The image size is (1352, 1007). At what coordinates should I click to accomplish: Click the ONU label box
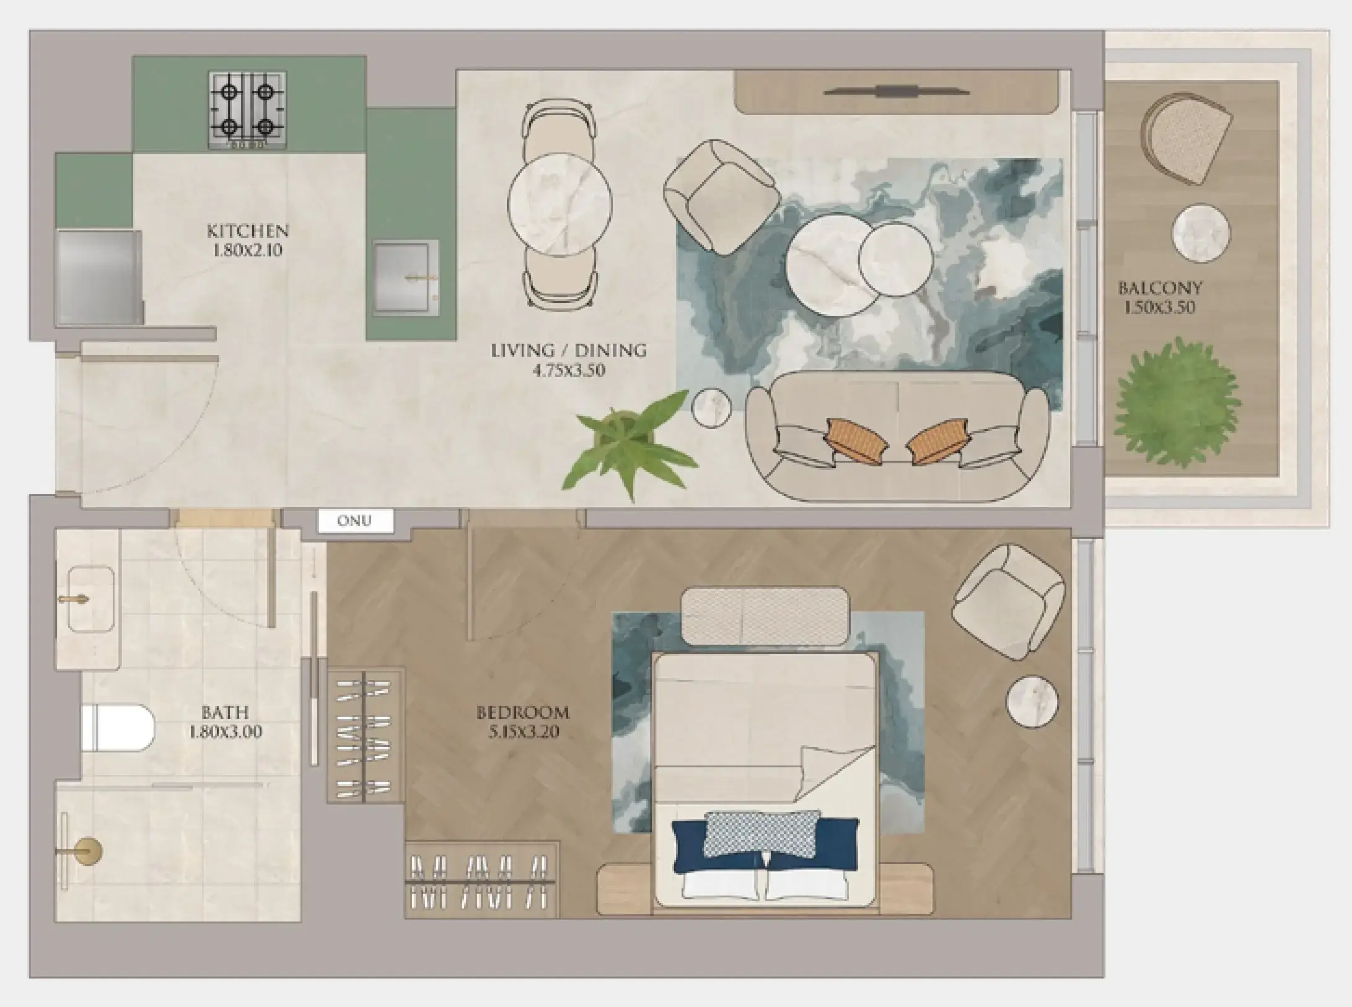[x=355, y=521]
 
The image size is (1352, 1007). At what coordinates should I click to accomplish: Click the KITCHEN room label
[x=248, y=232]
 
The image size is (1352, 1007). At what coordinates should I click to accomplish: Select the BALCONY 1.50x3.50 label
[x=1160, y=297]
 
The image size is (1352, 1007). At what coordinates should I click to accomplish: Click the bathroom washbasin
[x=90, y=599]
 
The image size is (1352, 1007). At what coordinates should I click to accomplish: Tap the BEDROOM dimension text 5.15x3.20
[x=524, y=732]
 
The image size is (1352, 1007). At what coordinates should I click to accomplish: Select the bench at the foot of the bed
[x=765, y=616]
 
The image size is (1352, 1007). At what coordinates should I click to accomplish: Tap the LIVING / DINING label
[x=569, y=351]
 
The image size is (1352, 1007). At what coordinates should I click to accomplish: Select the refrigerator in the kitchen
[x=98, y=277]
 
